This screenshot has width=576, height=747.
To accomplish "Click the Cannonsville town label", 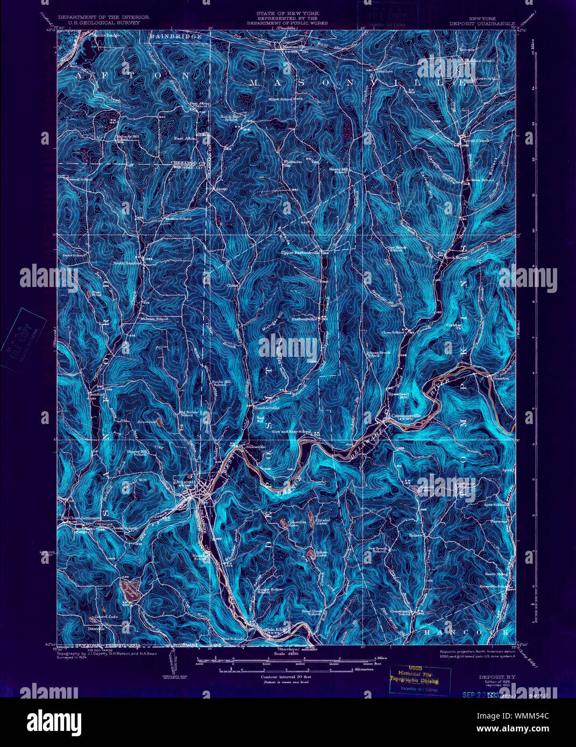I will tap(404, 415).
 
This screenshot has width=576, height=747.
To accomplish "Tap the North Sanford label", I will tap(127, 263).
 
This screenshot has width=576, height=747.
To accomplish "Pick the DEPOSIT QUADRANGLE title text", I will tap(482, 24).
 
